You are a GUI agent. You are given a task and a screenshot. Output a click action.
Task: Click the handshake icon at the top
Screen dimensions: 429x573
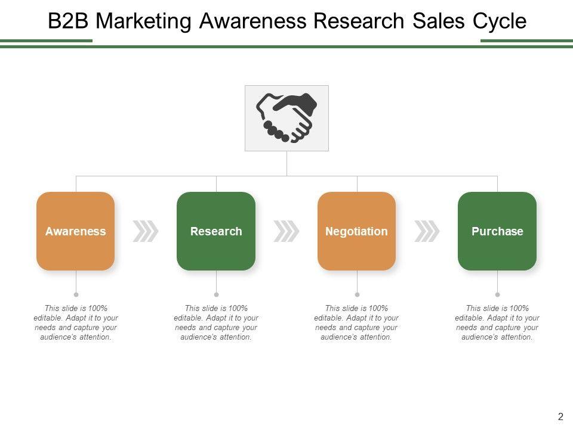286,118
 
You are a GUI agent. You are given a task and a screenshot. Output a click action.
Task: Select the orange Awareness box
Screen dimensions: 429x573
76,231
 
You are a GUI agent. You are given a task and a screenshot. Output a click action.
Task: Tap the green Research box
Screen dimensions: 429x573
216,231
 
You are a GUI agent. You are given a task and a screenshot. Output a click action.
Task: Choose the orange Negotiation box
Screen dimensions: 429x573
356,231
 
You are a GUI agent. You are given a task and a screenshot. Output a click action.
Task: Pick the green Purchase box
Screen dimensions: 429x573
497,231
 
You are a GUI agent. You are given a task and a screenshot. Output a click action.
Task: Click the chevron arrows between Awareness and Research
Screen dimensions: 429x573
146,231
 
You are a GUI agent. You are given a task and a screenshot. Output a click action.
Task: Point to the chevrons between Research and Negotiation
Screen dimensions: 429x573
286,231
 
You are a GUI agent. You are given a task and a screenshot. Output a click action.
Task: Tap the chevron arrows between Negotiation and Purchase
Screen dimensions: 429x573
427,231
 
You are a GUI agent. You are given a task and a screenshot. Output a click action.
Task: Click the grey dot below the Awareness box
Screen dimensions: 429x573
76,294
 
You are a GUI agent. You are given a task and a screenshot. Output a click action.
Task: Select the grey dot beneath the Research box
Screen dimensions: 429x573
216,294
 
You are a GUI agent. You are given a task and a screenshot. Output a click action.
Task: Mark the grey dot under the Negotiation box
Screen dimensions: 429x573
357,294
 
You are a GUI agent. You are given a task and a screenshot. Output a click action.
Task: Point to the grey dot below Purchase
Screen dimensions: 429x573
497,294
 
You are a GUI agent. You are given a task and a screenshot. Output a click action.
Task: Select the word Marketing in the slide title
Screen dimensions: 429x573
144,21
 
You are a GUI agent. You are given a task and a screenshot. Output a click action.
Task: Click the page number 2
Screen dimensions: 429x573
560,416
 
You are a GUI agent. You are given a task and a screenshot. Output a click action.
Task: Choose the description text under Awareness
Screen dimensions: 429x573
76,322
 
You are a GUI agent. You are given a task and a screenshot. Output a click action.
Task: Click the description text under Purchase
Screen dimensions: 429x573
497,322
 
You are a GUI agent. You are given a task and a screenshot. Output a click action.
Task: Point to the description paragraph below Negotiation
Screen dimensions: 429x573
356,322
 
